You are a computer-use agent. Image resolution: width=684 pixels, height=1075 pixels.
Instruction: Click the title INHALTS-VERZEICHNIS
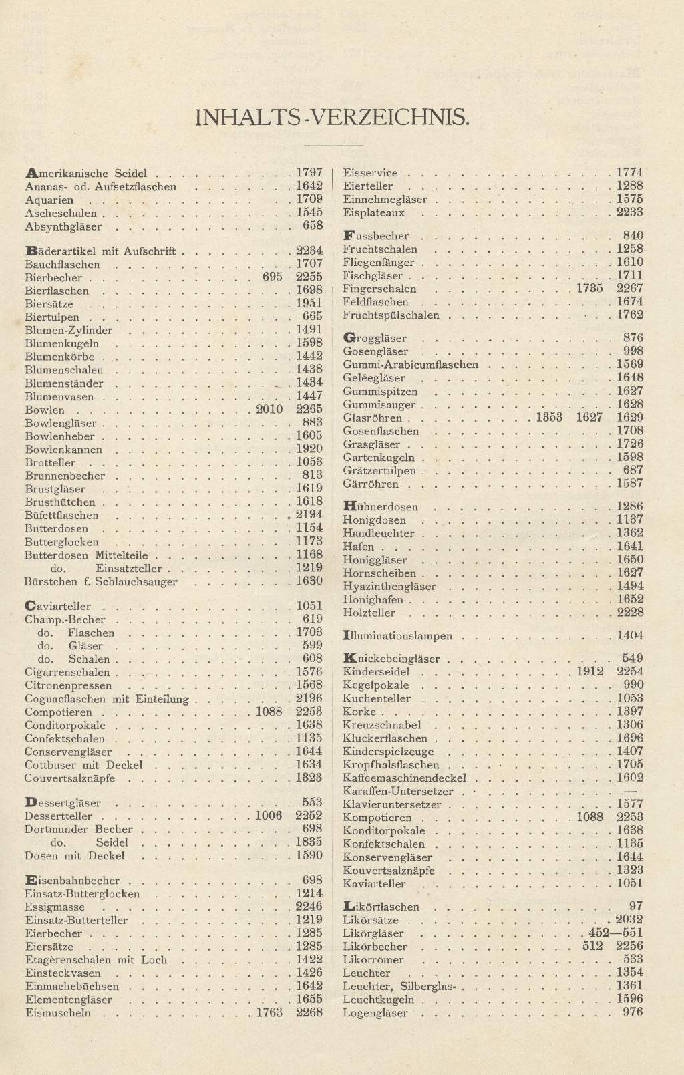point(332,118)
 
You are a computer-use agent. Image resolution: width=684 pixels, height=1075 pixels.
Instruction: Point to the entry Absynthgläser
point(63,227)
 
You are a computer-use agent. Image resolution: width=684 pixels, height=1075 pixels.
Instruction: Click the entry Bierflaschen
point(56,291)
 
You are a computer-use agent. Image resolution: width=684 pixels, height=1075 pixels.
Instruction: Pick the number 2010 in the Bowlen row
point(270,409)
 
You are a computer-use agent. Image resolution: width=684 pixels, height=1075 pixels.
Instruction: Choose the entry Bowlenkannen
point(63,450)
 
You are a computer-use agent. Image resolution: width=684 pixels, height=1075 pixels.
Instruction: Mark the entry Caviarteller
point(57,607)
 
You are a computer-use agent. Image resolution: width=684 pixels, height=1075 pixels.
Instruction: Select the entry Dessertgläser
point(62,803)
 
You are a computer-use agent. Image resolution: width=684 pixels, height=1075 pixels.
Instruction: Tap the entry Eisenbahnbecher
point(71,881)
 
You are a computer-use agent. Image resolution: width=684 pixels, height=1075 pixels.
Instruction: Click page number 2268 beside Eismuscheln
point(309,1012)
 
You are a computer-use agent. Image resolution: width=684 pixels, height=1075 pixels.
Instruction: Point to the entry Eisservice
point(370,173)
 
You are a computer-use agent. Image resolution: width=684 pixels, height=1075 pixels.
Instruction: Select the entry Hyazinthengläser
point(389,587)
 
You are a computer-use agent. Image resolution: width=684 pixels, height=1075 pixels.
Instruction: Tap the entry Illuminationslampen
point(397,636)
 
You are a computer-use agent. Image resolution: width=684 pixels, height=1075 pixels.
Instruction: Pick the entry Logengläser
point(375,1013)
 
